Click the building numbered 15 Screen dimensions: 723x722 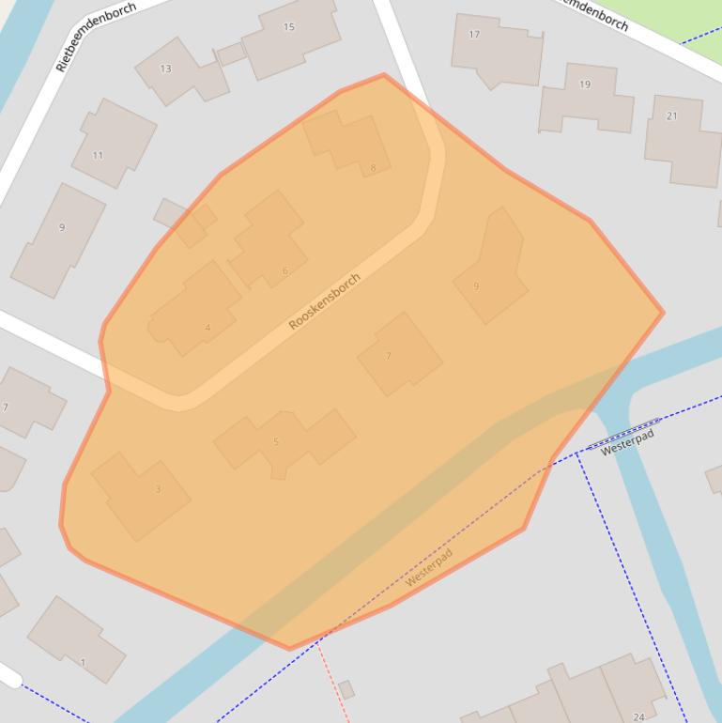click(289, 36)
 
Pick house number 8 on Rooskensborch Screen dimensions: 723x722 click(349, 143)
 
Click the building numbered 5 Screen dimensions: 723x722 click(282, 439)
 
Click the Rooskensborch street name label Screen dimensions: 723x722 click(324, 301)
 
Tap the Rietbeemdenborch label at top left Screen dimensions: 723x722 click(96, 37)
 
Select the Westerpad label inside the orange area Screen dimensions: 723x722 click(428, 567)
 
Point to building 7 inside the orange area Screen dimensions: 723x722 click(399, 354)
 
